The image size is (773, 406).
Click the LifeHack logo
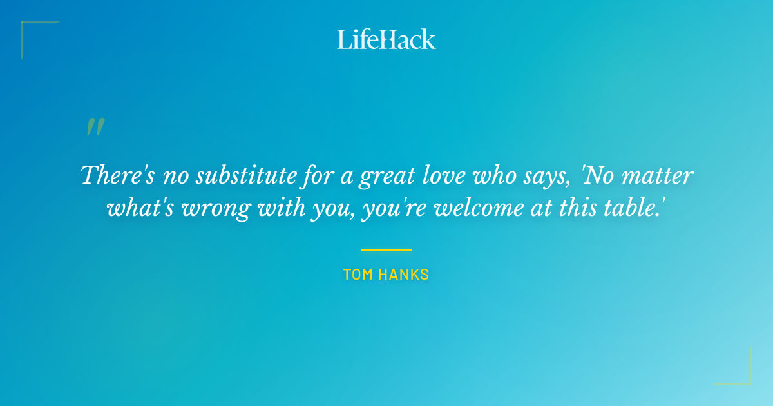(386, 39)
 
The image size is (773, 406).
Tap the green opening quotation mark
(95, 127)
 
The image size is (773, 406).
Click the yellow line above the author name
(386, 250)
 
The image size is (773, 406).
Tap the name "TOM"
(358, 275)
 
